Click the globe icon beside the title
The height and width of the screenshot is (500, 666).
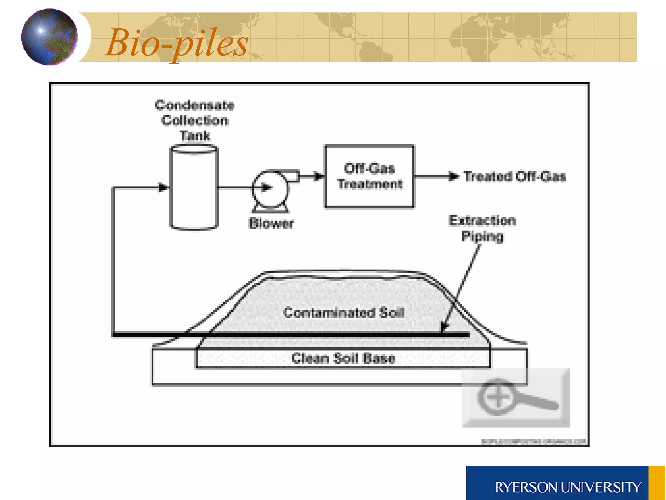(49, 37)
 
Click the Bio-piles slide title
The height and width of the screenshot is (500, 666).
(177, 43)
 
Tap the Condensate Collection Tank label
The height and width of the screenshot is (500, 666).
(195, 120)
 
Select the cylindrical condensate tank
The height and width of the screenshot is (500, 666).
(194, 192)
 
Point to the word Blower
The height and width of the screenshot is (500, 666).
(271, 223)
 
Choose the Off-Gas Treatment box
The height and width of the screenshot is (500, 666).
(369, 176)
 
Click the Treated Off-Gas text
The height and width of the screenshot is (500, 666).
(515, 176)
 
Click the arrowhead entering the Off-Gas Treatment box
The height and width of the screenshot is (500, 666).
(320, 176)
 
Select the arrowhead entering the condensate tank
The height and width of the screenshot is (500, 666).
(164, 187)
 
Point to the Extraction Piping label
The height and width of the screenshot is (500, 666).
(482, 228)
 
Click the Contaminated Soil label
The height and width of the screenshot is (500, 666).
(343, 312)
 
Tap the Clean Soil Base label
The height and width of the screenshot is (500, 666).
(343, 358)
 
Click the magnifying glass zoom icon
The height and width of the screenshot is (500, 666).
(516, 397)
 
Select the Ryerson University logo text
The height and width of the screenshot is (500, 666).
(568, 487)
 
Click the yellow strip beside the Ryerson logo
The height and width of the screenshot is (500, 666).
(657, 483)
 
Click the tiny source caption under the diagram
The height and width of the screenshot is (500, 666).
(533, 442)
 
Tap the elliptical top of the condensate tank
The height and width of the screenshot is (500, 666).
(194, 149)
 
